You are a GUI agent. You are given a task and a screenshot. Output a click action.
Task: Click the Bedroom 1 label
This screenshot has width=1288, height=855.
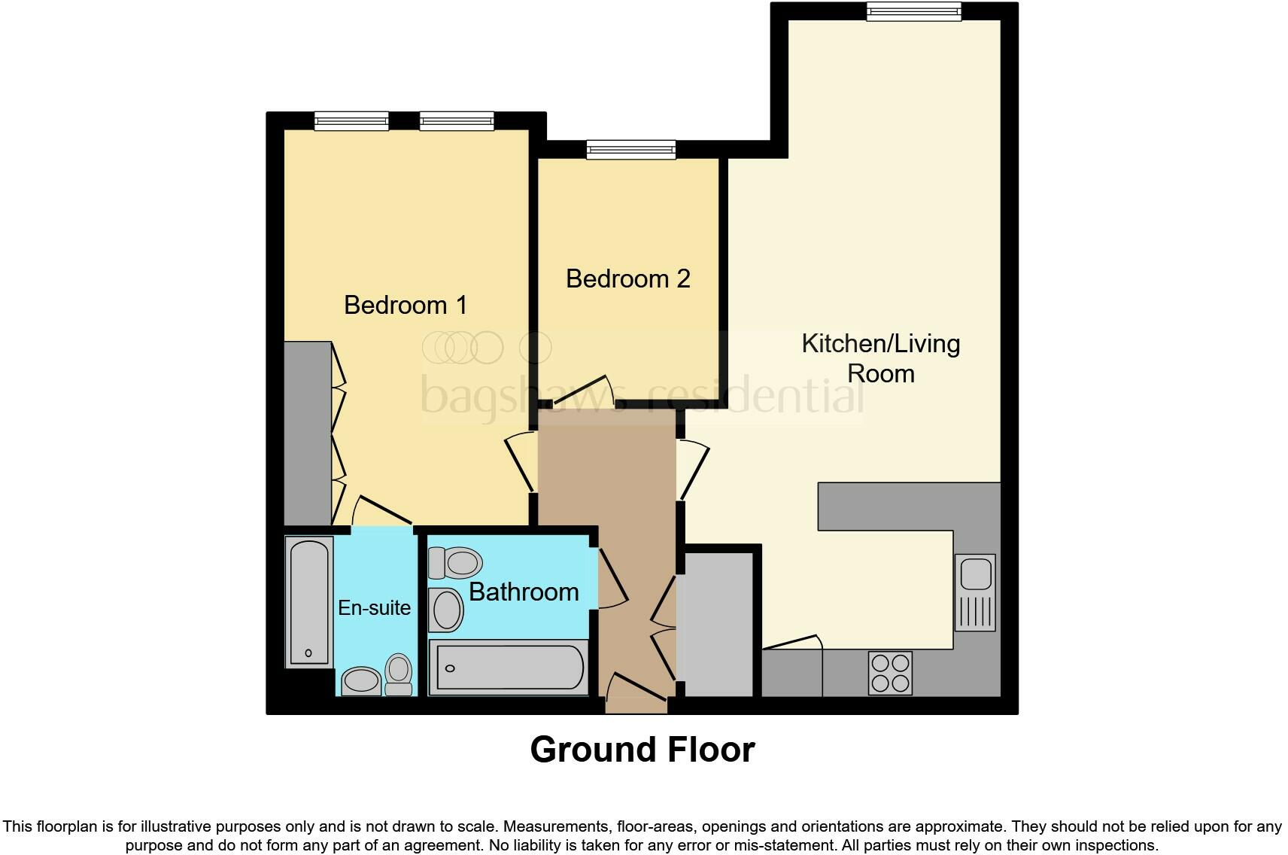click(406, 305)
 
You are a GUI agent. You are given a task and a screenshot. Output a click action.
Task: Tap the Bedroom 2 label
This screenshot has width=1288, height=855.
click(627, 278)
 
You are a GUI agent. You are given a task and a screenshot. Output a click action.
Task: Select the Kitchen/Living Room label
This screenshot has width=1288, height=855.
click(880, 358)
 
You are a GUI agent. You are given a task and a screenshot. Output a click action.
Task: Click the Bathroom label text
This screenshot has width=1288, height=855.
click(524, 592)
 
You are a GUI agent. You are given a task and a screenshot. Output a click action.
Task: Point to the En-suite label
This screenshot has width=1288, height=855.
click(374, 607)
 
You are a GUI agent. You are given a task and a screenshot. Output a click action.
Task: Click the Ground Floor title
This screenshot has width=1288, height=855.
click(642, 750)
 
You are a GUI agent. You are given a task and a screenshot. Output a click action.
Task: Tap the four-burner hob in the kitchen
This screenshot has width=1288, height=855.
click(890, 672)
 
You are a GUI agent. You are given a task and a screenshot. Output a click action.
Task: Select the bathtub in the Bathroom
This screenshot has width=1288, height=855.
click(509, 668)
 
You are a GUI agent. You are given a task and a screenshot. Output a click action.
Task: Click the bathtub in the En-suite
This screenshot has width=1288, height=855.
click(309, 602)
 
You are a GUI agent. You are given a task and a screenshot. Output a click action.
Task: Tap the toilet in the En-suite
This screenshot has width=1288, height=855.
click(399, 674)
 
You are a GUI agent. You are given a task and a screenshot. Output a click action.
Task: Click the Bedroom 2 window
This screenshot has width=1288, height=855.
click(631, 150)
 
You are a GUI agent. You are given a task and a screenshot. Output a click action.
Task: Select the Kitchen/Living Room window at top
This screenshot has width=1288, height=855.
click(913, 11)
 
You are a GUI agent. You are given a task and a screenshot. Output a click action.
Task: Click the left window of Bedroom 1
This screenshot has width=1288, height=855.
click(351, 120)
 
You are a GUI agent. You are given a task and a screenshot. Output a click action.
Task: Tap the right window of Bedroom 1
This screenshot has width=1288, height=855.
click(457, 120)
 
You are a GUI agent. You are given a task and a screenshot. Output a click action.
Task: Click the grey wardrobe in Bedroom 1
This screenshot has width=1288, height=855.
click(307, 433)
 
